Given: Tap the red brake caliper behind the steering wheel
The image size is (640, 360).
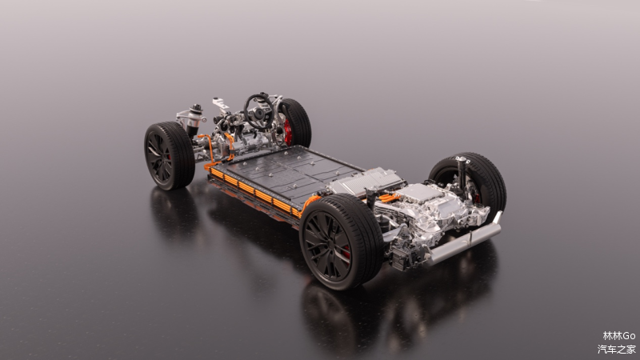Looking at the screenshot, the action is click(288, 132).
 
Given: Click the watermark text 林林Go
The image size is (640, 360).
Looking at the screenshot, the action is click(618, 335).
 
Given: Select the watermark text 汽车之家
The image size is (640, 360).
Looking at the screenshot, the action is click(616, 349).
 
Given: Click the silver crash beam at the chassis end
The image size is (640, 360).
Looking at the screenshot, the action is click(466, 240).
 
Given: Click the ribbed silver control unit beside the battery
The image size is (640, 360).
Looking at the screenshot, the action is click(366, 182).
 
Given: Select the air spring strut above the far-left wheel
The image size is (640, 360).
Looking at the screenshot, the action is click(194, 118).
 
